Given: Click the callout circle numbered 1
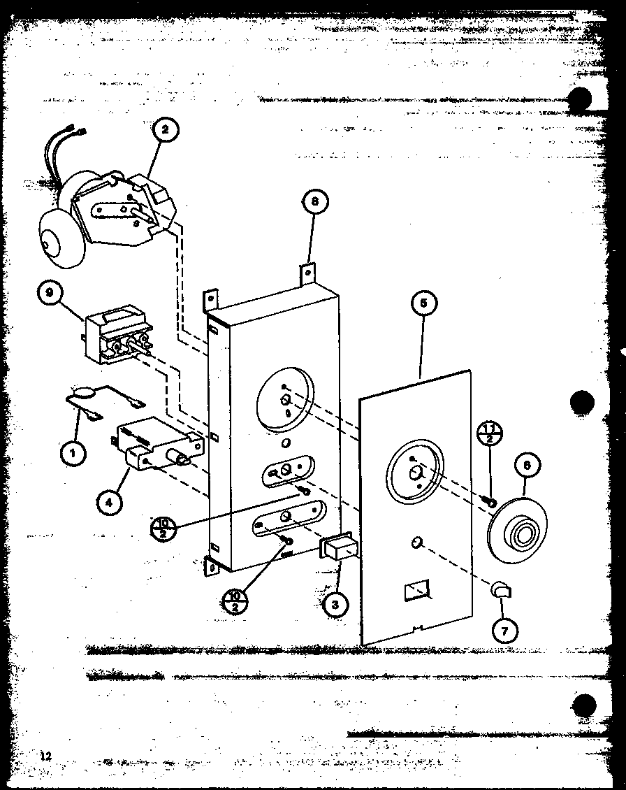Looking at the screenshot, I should point(72,453).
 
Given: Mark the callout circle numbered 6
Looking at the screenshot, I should point(526,464).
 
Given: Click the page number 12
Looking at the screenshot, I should point(46,755).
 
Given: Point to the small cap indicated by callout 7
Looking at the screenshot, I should point(502,591).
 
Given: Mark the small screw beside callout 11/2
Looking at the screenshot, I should point(491,501).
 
